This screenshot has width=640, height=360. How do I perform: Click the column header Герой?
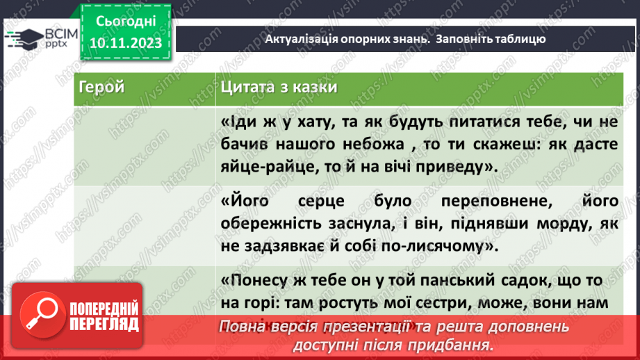tap(101, 88)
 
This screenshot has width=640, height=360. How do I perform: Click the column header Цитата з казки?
tap(279, 88)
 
